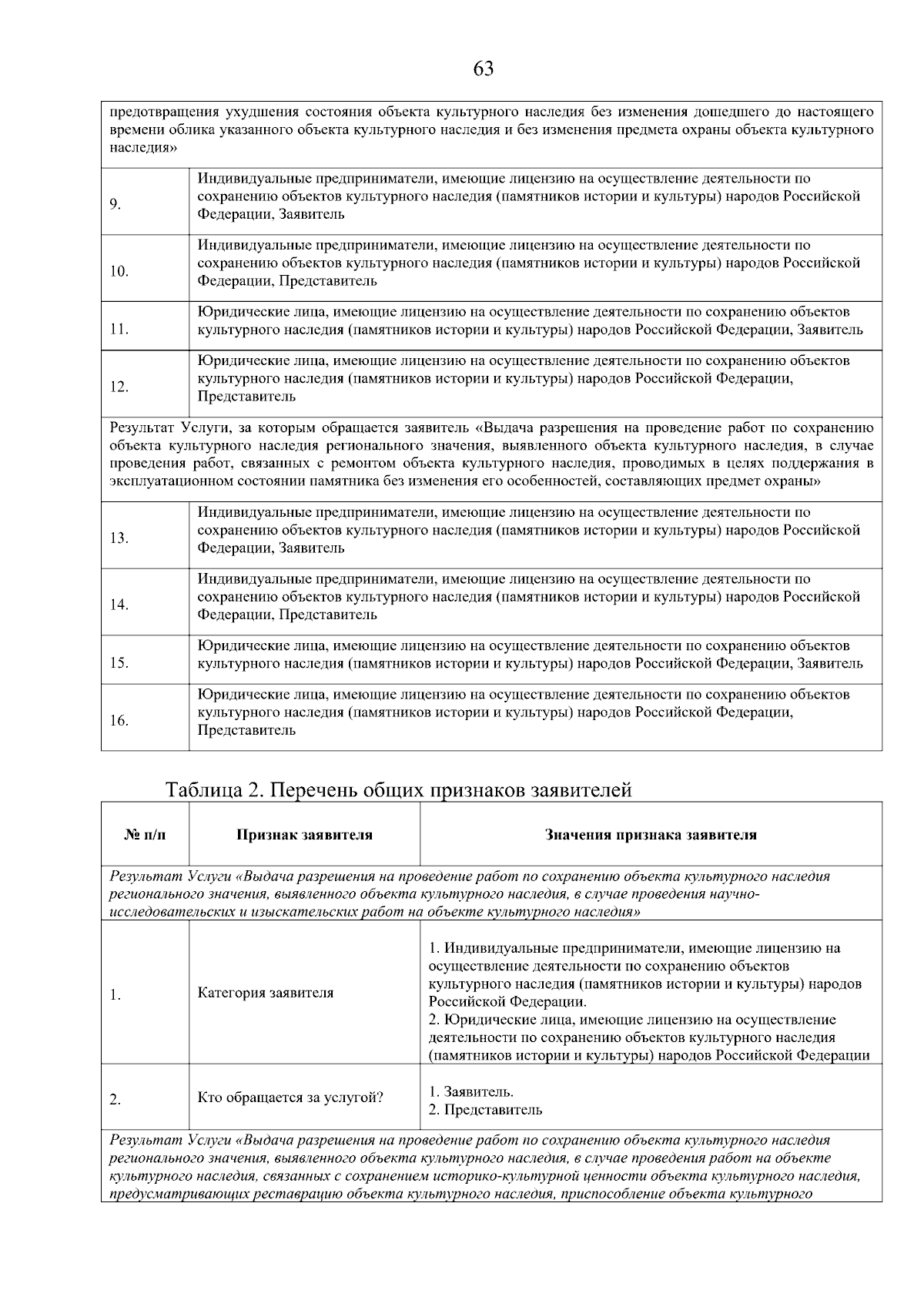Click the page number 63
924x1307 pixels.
483,69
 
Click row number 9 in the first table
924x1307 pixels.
115,204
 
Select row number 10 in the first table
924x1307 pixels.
118,271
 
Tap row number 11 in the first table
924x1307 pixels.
118,330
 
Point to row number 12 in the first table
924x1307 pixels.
118,387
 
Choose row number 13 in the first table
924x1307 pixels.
118,538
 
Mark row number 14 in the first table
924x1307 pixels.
118,605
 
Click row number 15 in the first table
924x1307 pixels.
118,663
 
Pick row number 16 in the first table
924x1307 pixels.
118,721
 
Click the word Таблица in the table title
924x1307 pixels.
203,790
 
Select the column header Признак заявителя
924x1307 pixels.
304,835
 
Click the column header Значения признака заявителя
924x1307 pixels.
651,835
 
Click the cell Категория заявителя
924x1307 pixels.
266,993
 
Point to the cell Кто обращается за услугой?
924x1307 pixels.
290,1098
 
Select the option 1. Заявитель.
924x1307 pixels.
471,1092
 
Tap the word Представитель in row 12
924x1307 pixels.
246,397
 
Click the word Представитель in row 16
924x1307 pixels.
246,730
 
